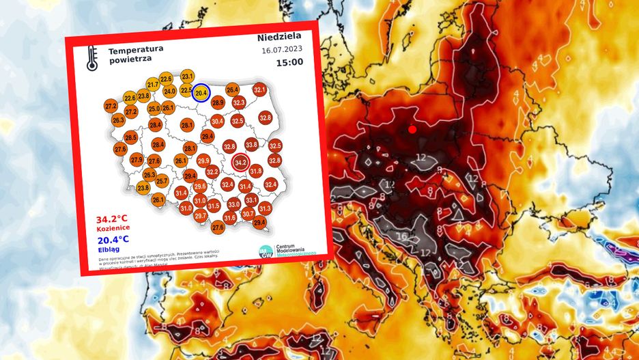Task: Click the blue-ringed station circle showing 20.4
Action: (x=201, y=94)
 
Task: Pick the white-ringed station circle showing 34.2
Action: (x=240, y=163)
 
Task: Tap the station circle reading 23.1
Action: (x=188, y=76)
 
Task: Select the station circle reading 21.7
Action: (x=153, y=84)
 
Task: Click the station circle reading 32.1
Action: (x=259, y=89)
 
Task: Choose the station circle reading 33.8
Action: (x=251, y=145)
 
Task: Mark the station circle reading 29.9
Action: (x=203, y=161)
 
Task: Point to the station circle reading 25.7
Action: (x=162, y=181)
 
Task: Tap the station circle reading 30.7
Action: (x=248, y=214)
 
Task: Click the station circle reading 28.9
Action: (x=218, y=103)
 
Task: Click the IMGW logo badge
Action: (x=266, y=251)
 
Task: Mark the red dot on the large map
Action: (x=412, y=129)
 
